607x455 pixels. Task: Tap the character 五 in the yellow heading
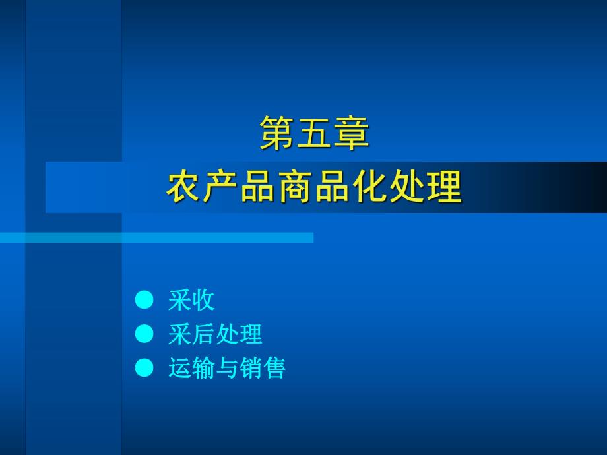point(313,133)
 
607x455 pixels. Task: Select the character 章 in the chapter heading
point(351,133)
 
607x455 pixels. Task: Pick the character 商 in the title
point(296,186)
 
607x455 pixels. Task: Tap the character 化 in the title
point(369,186)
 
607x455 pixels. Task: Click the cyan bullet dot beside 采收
point(144,300)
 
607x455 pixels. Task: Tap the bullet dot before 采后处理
point(144,334)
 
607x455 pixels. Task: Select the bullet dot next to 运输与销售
point(144,367)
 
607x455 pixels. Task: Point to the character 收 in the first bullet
point(204,300)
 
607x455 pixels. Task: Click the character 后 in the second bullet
point(204,334)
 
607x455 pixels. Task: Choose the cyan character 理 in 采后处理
point(251,334)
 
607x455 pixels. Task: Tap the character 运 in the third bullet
point(180,367)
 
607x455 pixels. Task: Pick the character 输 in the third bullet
point(204,367)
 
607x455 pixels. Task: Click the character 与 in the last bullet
point(227,367)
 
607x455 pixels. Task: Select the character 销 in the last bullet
point(251,367)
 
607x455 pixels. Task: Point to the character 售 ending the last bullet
point(274,367)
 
